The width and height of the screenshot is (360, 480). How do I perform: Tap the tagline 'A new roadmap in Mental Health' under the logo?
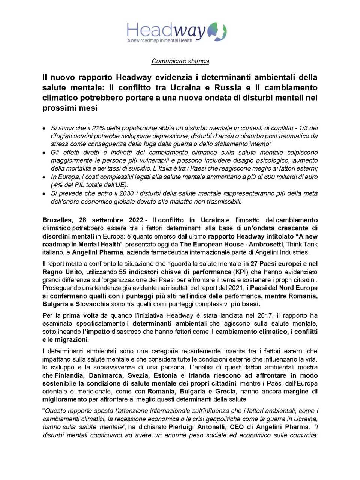coord(160,40)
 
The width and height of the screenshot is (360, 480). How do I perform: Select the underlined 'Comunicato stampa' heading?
coord(180,61)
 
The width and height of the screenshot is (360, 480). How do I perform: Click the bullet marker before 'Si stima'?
coord(44,128)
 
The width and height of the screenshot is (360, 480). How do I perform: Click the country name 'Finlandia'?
coord(68,375)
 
